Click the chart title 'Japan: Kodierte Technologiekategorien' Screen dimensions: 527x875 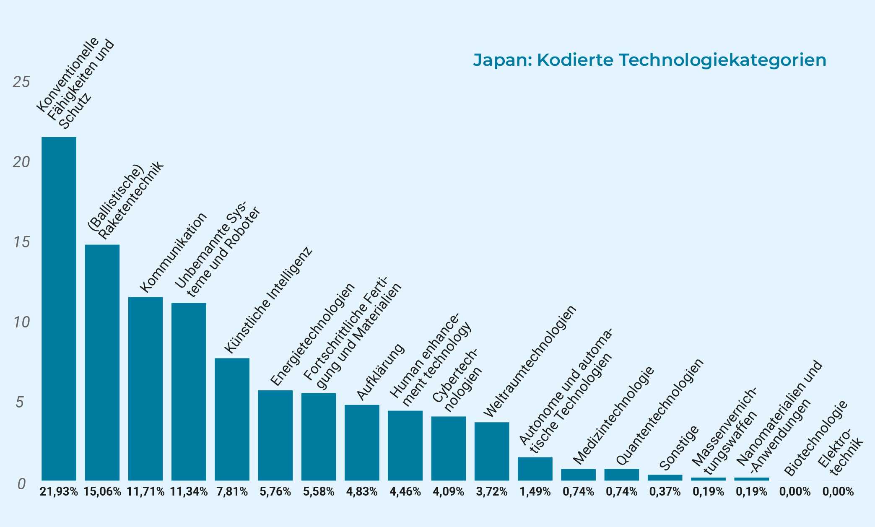(x=649, y=60)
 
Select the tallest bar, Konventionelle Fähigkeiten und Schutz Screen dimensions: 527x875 (x=59, y=309)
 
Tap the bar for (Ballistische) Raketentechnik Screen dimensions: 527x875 (x=102, y=362)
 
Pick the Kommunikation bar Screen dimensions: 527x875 (x=145, y=389)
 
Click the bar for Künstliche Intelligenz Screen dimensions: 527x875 (x=232, y=419)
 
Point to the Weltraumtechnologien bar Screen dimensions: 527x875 (x=492, y=451)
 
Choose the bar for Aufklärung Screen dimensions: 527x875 (x=362, y=442)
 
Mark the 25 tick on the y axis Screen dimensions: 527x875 (x=21, y=82)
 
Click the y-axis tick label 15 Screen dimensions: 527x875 (x=21, y=242)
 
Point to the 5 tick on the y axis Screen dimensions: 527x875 (x=20, y=402)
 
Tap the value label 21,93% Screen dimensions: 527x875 (x=59, y=492)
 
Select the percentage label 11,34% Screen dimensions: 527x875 (x=189, y=492)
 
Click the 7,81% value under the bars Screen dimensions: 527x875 (x=232, y=492)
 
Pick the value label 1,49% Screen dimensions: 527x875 (x=535, y=492)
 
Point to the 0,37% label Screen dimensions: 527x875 (x=665, y=492)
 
